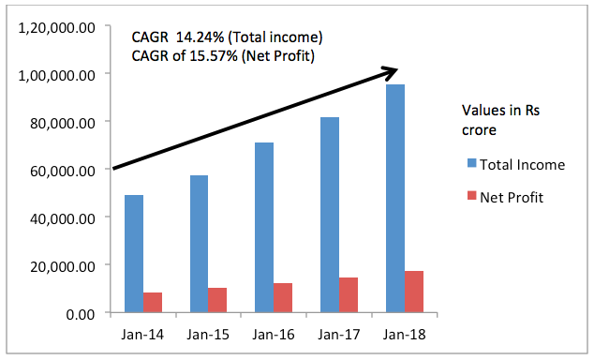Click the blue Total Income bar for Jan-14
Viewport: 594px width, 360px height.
point(134,254)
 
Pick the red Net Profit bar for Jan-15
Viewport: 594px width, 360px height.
point(216,300)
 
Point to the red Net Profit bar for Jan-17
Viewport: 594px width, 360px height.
point(349,295)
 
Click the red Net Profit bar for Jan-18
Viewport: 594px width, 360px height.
point(414,292)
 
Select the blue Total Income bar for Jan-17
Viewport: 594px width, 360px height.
point(330,215)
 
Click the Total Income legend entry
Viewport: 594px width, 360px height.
point(522,165)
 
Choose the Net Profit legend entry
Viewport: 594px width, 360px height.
point(512,197)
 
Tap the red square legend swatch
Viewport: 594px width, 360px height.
point(471,197)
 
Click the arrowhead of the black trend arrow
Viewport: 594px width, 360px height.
point(392,71)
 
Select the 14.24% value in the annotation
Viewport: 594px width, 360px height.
point(195,37)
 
